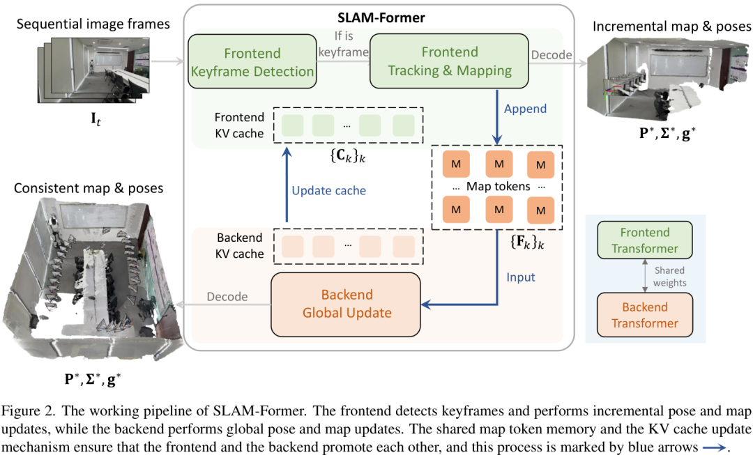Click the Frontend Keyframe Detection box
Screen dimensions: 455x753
[x=252, y=62]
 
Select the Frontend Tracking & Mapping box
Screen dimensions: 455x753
[x=450, y=62]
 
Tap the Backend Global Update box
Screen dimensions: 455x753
[x=347, y=304]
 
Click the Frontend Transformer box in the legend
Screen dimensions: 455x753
[x=644, y=240]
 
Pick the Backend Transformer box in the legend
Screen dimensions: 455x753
[x=644, y=315]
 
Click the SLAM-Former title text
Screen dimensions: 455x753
[x=376, y=16]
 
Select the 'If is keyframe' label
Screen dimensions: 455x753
[x=342, y=43]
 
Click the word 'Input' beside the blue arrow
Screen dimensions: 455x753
[x=521, y=277]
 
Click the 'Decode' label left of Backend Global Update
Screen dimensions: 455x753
[x=227, y=297]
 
